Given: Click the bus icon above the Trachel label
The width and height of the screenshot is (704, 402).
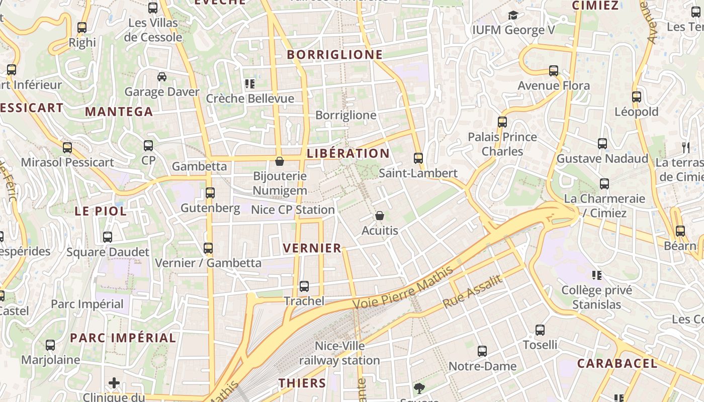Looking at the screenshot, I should pyautogui.click(x=304, y=286).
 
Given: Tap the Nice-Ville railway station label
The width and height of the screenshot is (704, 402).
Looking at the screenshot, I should pyautogui.click(x=340, y=353).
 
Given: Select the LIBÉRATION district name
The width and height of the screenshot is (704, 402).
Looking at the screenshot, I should pyautogui.click(x=348, y=154).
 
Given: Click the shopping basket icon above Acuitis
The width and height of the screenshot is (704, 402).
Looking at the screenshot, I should pyautogui.click(x=380, y=216).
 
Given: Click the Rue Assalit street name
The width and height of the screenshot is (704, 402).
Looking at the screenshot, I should pyautogui.click(x=472, y=292).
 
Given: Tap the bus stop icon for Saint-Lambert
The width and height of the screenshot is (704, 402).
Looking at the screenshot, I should pyautogui.click(x=418, y=158).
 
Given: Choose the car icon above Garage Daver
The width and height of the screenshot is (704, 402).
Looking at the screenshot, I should pyautogui.click(x=162, y=77).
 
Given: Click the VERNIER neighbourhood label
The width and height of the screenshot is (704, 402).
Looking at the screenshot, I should pyautogui.click(x=312, y=248).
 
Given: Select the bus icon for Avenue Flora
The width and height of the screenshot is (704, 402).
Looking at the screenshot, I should pyautogui.click(x=554, y=71).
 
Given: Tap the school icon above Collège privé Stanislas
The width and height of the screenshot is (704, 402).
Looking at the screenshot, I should pyautogui.click(x=597, y=275).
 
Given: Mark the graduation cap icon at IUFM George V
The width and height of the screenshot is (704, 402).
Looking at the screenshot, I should pyautogui.click(x=513, y=16).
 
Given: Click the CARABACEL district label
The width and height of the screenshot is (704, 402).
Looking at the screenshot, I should pyautogui.click(x=617, y=363).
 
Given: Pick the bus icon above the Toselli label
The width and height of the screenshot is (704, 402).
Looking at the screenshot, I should pyautogui.click(x=540, y=330).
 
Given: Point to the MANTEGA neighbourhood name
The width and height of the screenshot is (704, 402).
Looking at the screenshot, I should pyautogui.click(x=119, y=112).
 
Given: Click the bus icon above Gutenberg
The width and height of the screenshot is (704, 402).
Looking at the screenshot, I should pyautogui.click(x=210, y=193).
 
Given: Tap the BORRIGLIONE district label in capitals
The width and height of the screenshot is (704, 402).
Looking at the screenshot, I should pyautogui.click(x=335, y=55).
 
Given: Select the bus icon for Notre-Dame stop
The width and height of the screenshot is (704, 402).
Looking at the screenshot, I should pyautogui.click(x=482, y=351).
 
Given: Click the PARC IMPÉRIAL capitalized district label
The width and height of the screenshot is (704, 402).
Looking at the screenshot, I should pyautogui.click(x=123, y=338).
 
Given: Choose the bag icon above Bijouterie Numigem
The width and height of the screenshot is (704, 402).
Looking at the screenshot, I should pyautogui.click(x=280, y=161).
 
